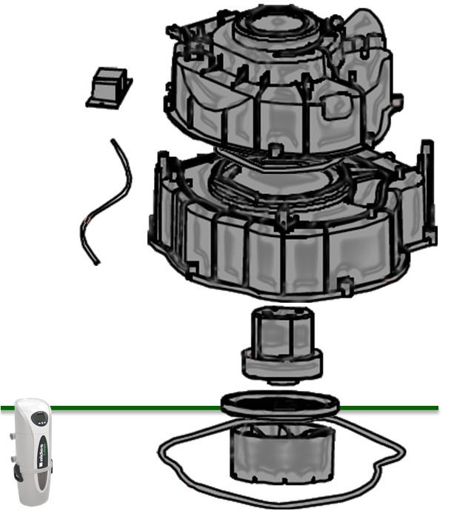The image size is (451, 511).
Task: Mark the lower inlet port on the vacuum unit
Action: click(x=13, y=458)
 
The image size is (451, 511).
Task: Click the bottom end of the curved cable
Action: click(x=96, y=261)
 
